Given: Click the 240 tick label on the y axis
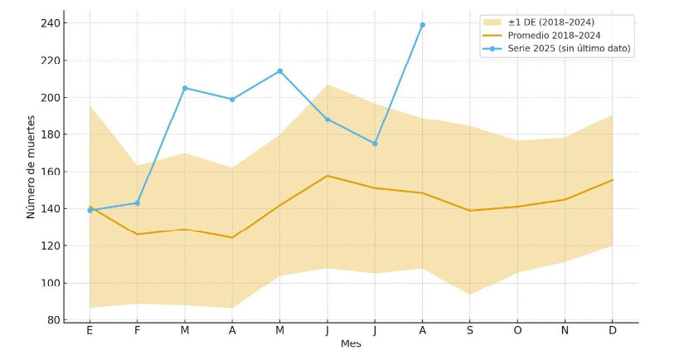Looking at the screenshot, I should click(50, 23).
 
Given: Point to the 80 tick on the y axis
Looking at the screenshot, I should click(52, 320).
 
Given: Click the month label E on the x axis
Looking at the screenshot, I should click(90, 331).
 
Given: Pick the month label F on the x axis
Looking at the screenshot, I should click(137, 331).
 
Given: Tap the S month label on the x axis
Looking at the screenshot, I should click(470, 331).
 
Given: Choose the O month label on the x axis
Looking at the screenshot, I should click(517, 331).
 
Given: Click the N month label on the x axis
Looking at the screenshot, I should click(565, 331).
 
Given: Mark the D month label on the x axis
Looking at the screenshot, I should click(613, 331).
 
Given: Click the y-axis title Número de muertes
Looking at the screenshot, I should click(32, 172).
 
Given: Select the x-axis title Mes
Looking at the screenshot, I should click(351, 343).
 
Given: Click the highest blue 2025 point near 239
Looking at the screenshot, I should click(422, 25).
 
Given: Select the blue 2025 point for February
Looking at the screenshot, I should click(137, 203).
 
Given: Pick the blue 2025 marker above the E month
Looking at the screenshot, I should click(90, 210).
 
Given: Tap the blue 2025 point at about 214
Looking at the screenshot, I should click(279, 71).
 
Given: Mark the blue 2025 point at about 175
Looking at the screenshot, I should click(375, 144).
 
